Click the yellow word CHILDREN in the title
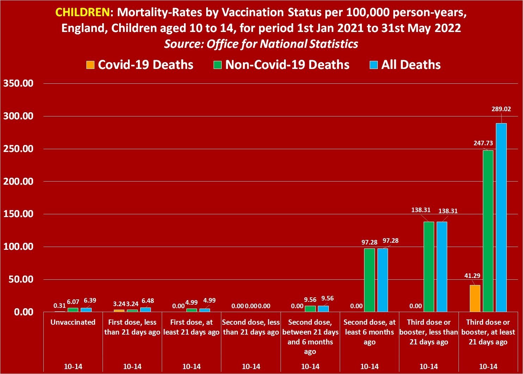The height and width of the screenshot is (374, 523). click(x=82, y=12)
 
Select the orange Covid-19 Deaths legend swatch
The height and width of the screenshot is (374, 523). click(x=91, y=65)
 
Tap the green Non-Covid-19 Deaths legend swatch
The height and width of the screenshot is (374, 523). click(x=217, y=65)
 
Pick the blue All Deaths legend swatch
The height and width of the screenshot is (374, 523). click(x=374, y=65)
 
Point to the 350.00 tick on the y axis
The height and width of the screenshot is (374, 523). click(x=18, y=84)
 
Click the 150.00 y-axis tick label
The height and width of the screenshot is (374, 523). click(x=18, y=214)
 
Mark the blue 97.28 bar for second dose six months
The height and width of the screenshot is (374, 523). click(x=382, y=280)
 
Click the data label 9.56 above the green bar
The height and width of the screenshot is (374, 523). click(x=310, y=300)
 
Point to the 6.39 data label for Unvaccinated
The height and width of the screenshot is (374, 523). click(x=90, y=300)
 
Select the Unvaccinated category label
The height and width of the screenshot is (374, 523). click(x=73, y=322)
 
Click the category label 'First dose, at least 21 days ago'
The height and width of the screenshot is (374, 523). click(x=191, y=327)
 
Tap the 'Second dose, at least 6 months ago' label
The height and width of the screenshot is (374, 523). click(x=369, y=332)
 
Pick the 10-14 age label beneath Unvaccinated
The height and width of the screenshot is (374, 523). click(x=73, y=367)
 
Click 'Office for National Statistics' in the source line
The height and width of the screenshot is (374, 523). click(x=282, y=44)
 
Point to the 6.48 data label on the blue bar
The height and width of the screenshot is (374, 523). click(x=148, y=301)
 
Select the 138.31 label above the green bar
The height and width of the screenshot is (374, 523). click(x=421, y=210)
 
